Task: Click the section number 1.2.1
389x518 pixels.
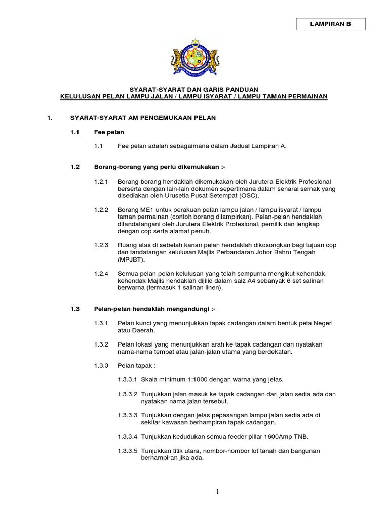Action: pyautogui.click(x=101, y=181)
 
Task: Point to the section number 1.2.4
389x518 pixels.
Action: pyautogui.click(x=101, y=273)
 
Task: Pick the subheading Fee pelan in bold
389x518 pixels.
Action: pyautogui.click(x=109, y=132)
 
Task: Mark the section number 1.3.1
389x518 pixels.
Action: pyautogui.click(x=101, y=323)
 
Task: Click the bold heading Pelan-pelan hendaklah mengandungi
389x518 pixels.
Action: pyautogui.click(x=155, y=309)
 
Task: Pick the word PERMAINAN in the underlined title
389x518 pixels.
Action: pyautogui.click(x=305, y=96)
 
